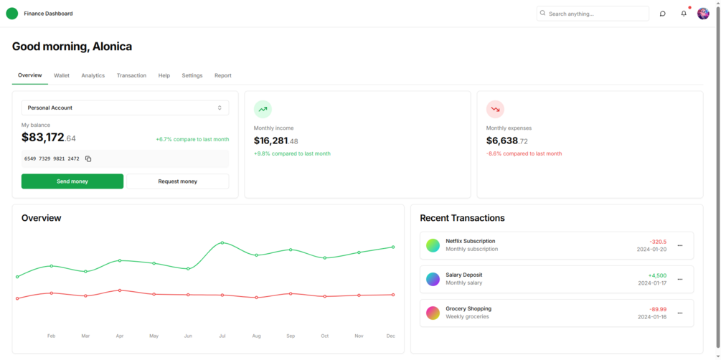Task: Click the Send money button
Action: coord(72,181)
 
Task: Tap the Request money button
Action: coord(178,181)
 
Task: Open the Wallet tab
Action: coord(62,75)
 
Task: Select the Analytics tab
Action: coord(93,75)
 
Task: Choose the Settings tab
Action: coord(192,75)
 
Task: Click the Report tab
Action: coord(222,75)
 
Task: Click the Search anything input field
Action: coord(595,14)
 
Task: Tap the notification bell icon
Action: coord(684,14)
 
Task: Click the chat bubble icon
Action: coord(662,14)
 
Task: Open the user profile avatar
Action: coord(703,14)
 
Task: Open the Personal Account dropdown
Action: coord(125,108)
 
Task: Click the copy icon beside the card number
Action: coord(88,158)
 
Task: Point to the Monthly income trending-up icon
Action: coord(263,109)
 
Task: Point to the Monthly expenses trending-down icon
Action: coord(495,109)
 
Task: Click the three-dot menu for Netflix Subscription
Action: coord(680,245)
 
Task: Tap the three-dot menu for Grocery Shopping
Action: coord(680,313)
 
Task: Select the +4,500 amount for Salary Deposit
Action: coord(657,275)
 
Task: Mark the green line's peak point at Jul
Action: coord(222,243)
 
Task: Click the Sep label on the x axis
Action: coord(291,336)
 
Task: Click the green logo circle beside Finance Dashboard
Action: coord(12,14)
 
